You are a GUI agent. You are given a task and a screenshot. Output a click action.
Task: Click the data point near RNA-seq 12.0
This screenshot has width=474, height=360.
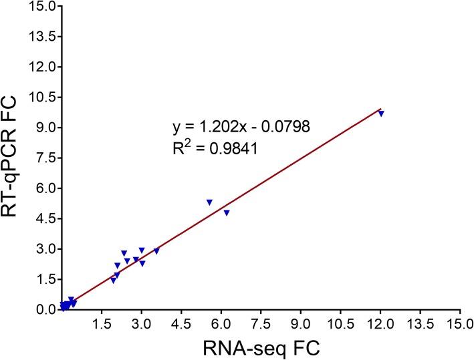pyautogui.click(x=381, y=114)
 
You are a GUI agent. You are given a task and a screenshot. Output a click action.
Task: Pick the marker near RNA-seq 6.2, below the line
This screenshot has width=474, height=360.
pyautogui.click(x=227, y=212)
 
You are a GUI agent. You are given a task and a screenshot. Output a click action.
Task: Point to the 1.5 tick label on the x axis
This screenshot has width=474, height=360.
pyautogui.click(x=101, y=325)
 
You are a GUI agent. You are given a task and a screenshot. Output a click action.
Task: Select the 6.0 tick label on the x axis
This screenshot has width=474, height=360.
pyautogui.click(x=221, y=325)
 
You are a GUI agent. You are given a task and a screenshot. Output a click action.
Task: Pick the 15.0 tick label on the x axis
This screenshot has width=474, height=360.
pyautogui.click(x=459, y=325)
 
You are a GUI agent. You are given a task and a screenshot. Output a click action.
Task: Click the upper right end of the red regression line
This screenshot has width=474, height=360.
pyautogui.click(x=380, y=108)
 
